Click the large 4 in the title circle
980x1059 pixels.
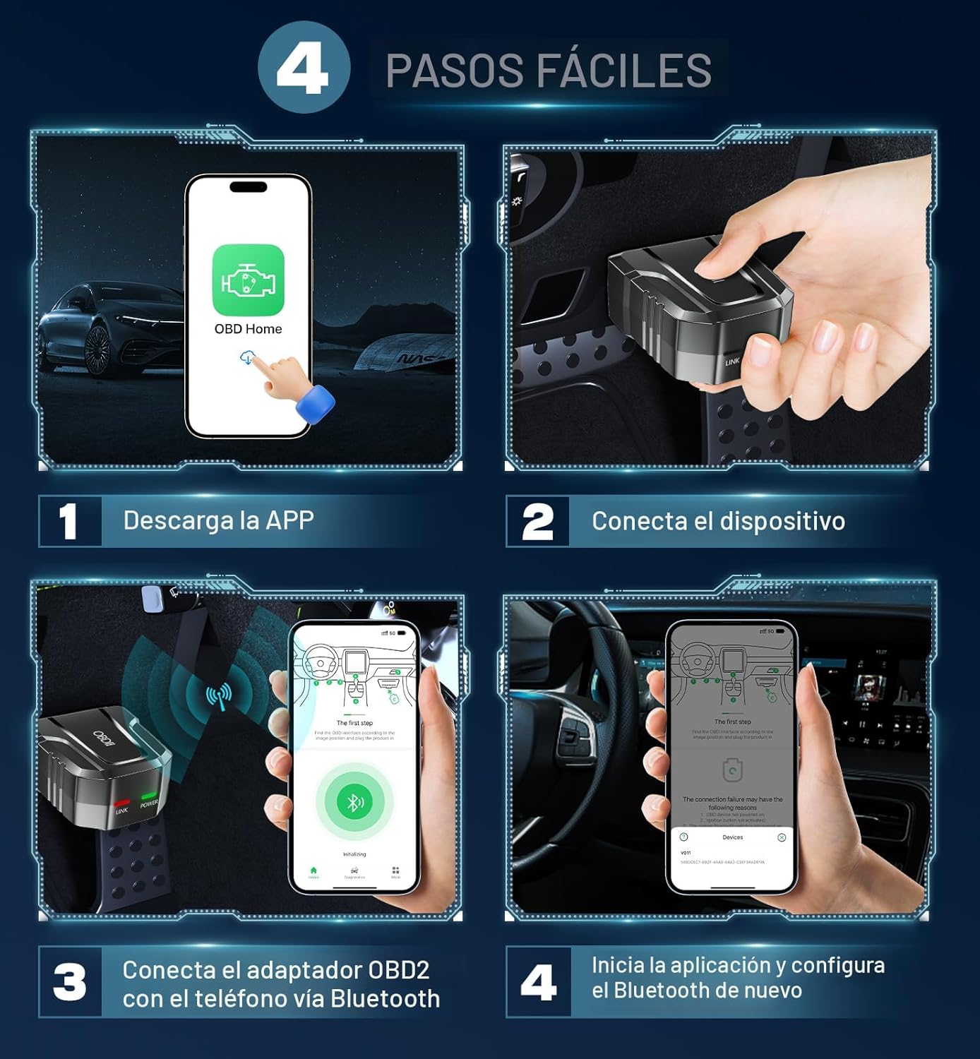point(303,68)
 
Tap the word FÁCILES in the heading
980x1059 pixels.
point(623,71)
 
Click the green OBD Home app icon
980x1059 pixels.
point(248,280)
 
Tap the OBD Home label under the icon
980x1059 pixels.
point(248,329)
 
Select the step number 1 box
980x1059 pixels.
point(69,522)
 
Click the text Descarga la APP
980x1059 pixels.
point(218,520)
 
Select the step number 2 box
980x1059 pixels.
point(537,522)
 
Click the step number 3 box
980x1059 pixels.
point(69,982)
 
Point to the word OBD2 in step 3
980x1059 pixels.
point(398,970)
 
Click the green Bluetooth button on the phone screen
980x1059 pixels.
point(354,801)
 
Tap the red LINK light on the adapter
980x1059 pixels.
point(122,803)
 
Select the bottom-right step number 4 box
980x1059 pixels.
point(538,982)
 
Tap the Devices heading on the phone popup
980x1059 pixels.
point(732,837)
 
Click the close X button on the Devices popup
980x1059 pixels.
point(782,837)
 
